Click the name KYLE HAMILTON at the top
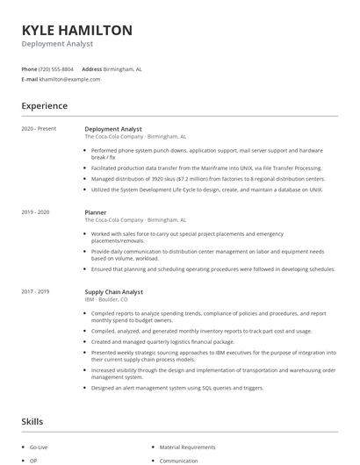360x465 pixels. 77,30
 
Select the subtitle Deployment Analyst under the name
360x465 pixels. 57,44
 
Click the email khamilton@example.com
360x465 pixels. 69,79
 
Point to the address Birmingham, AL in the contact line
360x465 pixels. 123,68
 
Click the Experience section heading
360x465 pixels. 45,106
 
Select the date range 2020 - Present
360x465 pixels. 39,129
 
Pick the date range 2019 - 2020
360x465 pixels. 35,212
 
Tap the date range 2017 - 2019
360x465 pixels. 35,291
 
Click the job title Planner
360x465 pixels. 96,212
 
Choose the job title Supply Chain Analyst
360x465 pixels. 113,291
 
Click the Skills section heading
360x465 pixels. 32,422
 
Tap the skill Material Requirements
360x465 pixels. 187,447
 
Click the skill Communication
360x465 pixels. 178,461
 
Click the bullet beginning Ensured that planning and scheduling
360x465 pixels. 207,271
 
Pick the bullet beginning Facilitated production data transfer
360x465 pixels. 206,168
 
